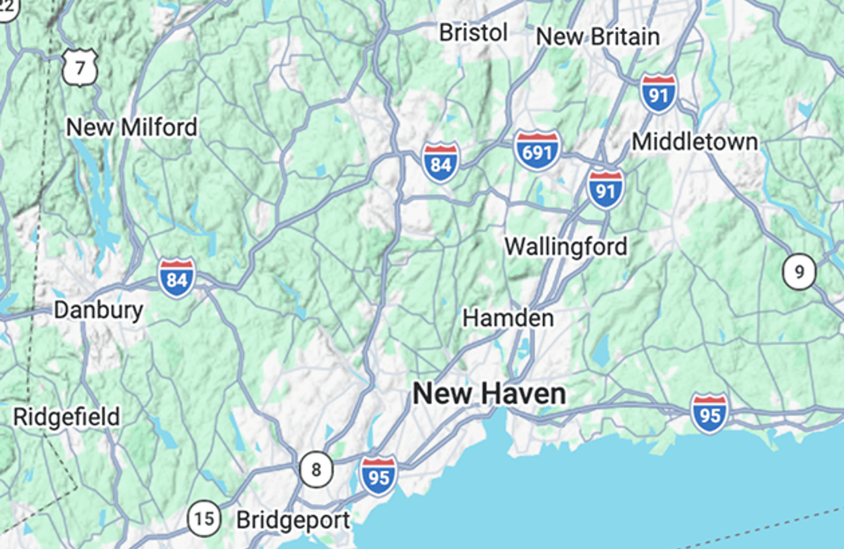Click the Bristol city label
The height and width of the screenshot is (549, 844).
coord(473,33)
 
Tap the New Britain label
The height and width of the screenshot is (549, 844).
coord(597,37)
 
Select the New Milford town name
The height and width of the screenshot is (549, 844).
coord(131,127)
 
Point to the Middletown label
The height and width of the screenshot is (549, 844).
coord(694,142)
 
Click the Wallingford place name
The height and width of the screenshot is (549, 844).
coord(566,246)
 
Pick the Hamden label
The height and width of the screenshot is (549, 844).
coord(508,318)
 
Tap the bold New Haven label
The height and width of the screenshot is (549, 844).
coord(489,394)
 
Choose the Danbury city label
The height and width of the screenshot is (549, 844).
coord(98,310)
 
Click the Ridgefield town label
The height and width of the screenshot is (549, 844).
coord(67,416)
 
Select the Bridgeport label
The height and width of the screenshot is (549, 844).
coord(293,520)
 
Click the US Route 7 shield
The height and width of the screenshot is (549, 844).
coord(80,67)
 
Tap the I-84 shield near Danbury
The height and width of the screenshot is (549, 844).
coord(176,278)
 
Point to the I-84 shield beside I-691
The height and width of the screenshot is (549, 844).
coord(440,162)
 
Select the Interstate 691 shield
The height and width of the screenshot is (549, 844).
coord(537,151)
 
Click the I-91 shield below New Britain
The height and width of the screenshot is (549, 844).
coord(658,93)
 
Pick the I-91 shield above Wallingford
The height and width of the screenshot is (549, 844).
coord(605,189)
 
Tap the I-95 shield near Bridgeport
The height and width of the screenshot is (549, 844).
coord(378,475)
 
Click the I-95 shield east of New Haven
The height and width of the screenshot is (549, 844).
coord(709,413)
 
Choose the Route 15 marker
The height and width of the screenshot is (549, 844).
coord(204,519)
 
